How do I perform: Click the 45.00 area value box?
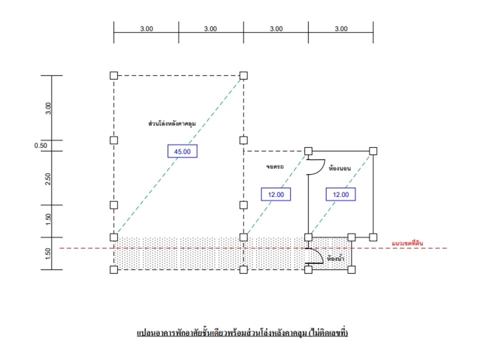click(x=182, y=151)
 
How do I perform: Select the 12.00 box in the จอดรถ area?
click(x=276, y=194)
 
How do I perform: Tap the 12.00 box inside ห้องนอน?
click(x=340, y=194)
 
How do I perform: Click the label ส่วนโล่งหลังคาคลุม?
click(x=172, y=123)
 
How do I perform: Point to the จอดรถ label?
click(x=274, y=166)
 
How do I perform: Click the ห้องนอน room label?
click(x=340, y=168)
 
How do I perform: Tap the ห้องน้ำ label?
click(x=335, y=258)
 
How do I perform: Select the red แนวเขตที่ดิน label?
click(x=407, y=243)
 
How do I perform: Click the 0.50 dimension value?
click(x=40, y=145)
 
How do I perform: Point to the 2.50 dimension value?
click(x=48, y=179)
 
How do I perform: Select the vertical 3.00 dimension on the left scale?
click(x=48, y=108)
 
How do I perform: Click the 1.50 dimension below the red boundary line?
click(x=48, y=254)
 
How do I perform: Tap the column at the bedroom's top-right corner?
click(x=373, y=151)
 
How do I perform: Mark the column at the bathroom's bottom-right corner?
click(x=351, y=269)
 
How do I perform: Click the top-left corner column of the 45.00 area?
click(x=114, y=75)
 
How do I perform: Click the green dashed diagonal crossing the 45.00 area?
click(x=179, y=156)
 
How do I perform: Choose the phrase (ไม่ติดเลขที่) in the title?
click(x=328, y=332)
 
